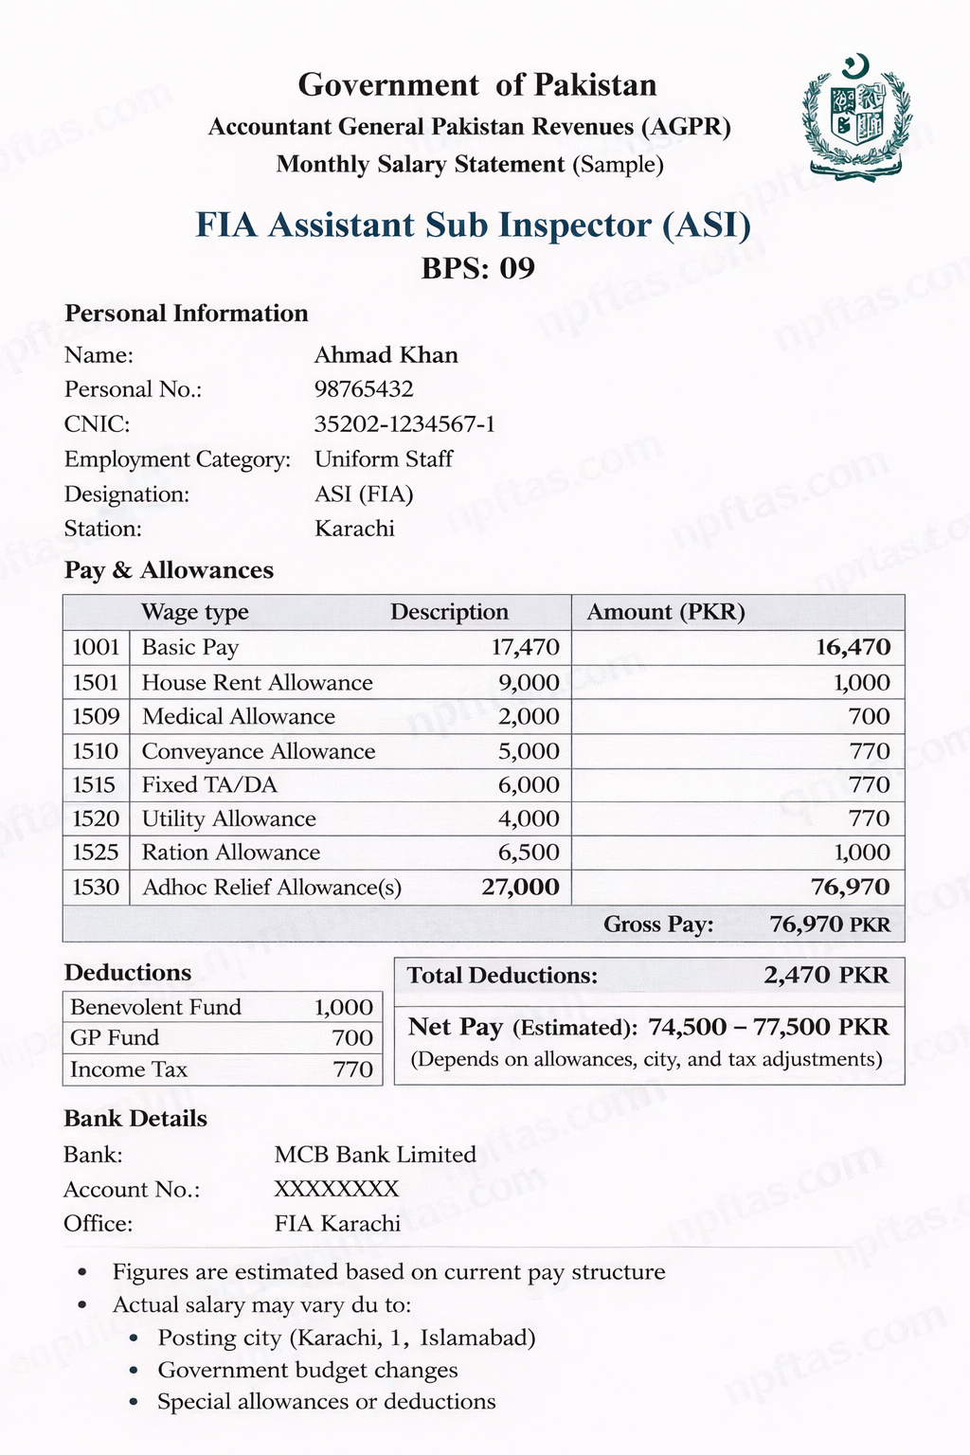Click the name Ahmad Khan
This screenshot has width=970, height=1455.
[386, 355]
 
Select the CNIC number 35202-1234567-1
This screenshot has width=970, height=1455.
[404, 423]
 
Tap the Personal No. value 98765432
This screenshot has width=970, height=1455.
[364, 389]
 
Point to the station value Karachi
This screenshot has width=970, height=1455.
[354, 529]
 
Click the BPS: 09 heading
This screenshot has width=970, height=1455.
[477, 268]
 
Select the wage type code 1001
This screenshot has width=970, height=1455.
[96, 648]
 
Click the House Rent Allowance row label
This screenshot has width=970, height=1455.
[257, 683]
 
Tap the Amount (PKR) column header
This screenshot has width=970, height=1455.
[666, 612]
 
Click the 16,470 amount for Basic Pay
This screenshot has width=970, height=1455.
[853, 648]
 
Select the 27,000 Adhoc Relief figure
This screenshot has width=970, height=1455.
[520, 888]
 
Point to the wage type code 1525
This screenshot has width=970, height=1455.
[96, 853]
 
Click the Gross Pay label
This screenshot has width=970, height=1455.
[658, 925]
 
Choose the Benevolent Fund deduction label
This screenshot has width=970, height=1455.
[155, 1007]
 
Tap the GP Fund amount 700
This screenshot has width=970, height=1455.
[352, 1038]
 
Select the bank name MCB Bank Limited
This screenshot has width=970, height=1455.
[375, 1155]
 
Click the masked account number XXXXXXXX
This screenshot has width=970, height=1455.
[336, 1189]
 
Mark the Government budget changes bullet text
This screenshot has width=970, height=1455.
[308, 1370]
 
